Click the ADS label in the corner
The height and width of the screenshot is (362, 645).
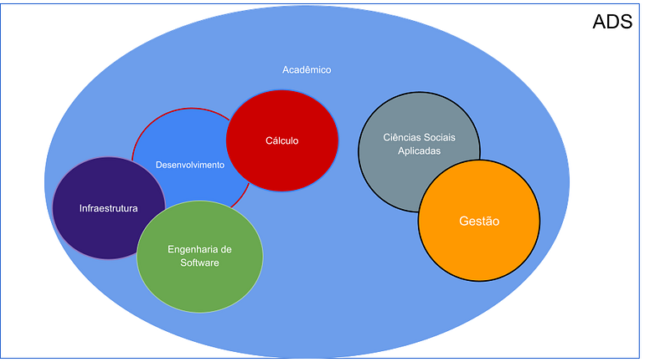tap(611, 23)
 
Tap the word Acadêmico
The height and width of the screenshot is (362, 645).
tap(307, 70)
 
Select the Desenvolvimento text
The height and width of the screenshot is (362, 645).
tap(190, 166)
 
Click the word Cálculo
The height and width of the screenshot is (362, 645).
tap(282, 140)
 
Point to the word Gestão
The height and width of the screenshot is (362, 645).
tap(479, 222)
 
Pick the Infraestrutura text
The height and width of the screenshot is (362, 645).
tap(108, 208)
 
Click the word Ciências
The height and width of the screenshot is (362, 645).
tap(404, 137)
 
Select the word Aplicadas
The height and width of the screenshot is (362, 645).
tap(419, 151)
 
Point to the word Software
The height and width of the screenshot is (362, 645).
tap(199, 263)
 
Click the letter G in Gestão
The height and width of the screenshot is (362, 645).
tap(464, 222)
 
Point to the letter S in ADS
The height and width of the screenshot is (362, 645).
tap(625, 23)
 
